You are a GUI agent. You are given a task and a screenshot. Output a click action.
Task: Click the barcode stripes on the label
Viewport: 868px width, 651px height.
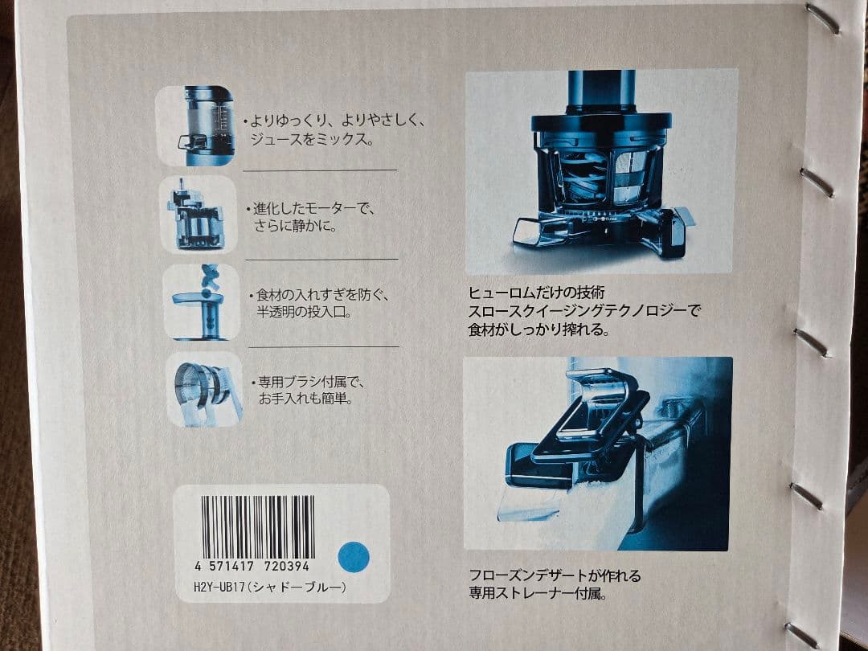point(257,527)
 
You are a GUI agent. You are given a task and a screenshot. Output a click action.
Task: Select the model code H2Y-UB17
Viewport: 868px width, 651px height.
point(212,588)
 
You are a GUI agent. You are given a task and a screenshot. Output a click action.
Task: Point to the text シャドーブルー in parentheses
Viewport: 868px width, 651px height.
point(296,588)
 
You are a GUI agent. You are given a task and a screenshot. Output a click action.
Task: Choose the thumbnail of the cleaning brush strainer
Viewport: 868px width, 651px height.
point(201,389)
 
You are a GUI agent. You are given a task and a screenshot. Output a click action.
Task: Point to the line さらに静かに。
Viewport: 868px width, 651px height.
point(294,226)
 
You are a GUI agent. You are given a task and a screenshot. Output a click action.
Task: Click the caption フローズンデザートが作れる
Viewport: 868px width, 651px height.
point(555,576)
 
